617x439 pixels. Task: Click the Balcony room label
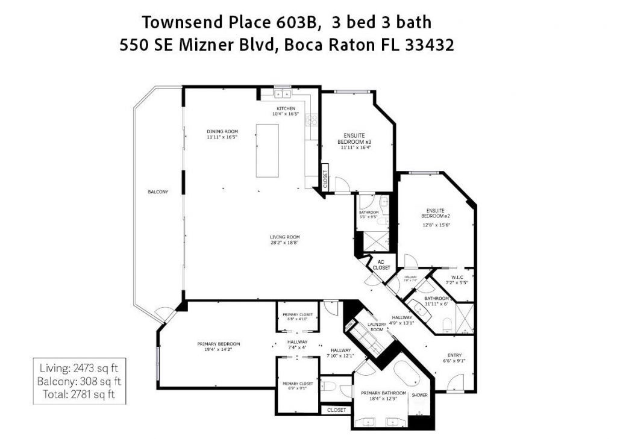tap(158, 192)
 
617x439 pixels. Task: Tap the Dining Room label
tap(222, 131)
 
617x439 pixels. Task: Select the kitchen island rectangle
tap(268, 150)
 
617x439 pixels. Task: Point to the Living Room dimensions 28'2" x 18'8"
tap(285, 243)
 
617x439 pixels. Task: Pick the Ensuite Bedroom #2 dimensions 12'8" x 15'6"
tap(437, 225)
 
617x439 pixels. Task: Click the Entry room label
tap(454, 355)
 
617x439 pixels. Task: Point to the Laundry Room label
tap(376, 327)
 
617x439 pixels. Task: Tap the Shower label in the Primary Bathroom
tap(419, 395)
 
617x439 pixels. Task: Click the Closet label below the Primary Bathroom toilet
tap(336, 410)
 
